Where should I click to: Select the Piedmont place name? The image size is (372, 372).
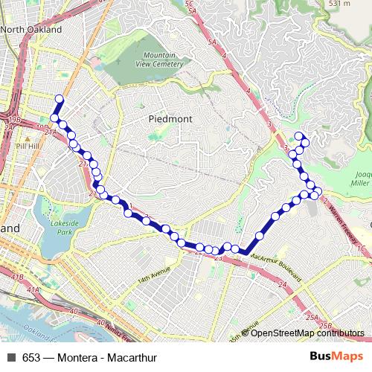pos(170,118)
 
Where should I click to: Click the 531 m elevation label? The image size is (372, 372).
pos(339,4)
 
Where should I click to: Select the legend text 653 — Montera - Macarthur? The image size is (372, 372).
pos(90,358)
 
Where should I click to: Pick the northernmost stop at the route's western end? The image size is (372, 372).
pos(59,100)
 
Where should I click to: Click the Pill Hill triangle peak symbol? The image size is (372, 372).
pos(26,138)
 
